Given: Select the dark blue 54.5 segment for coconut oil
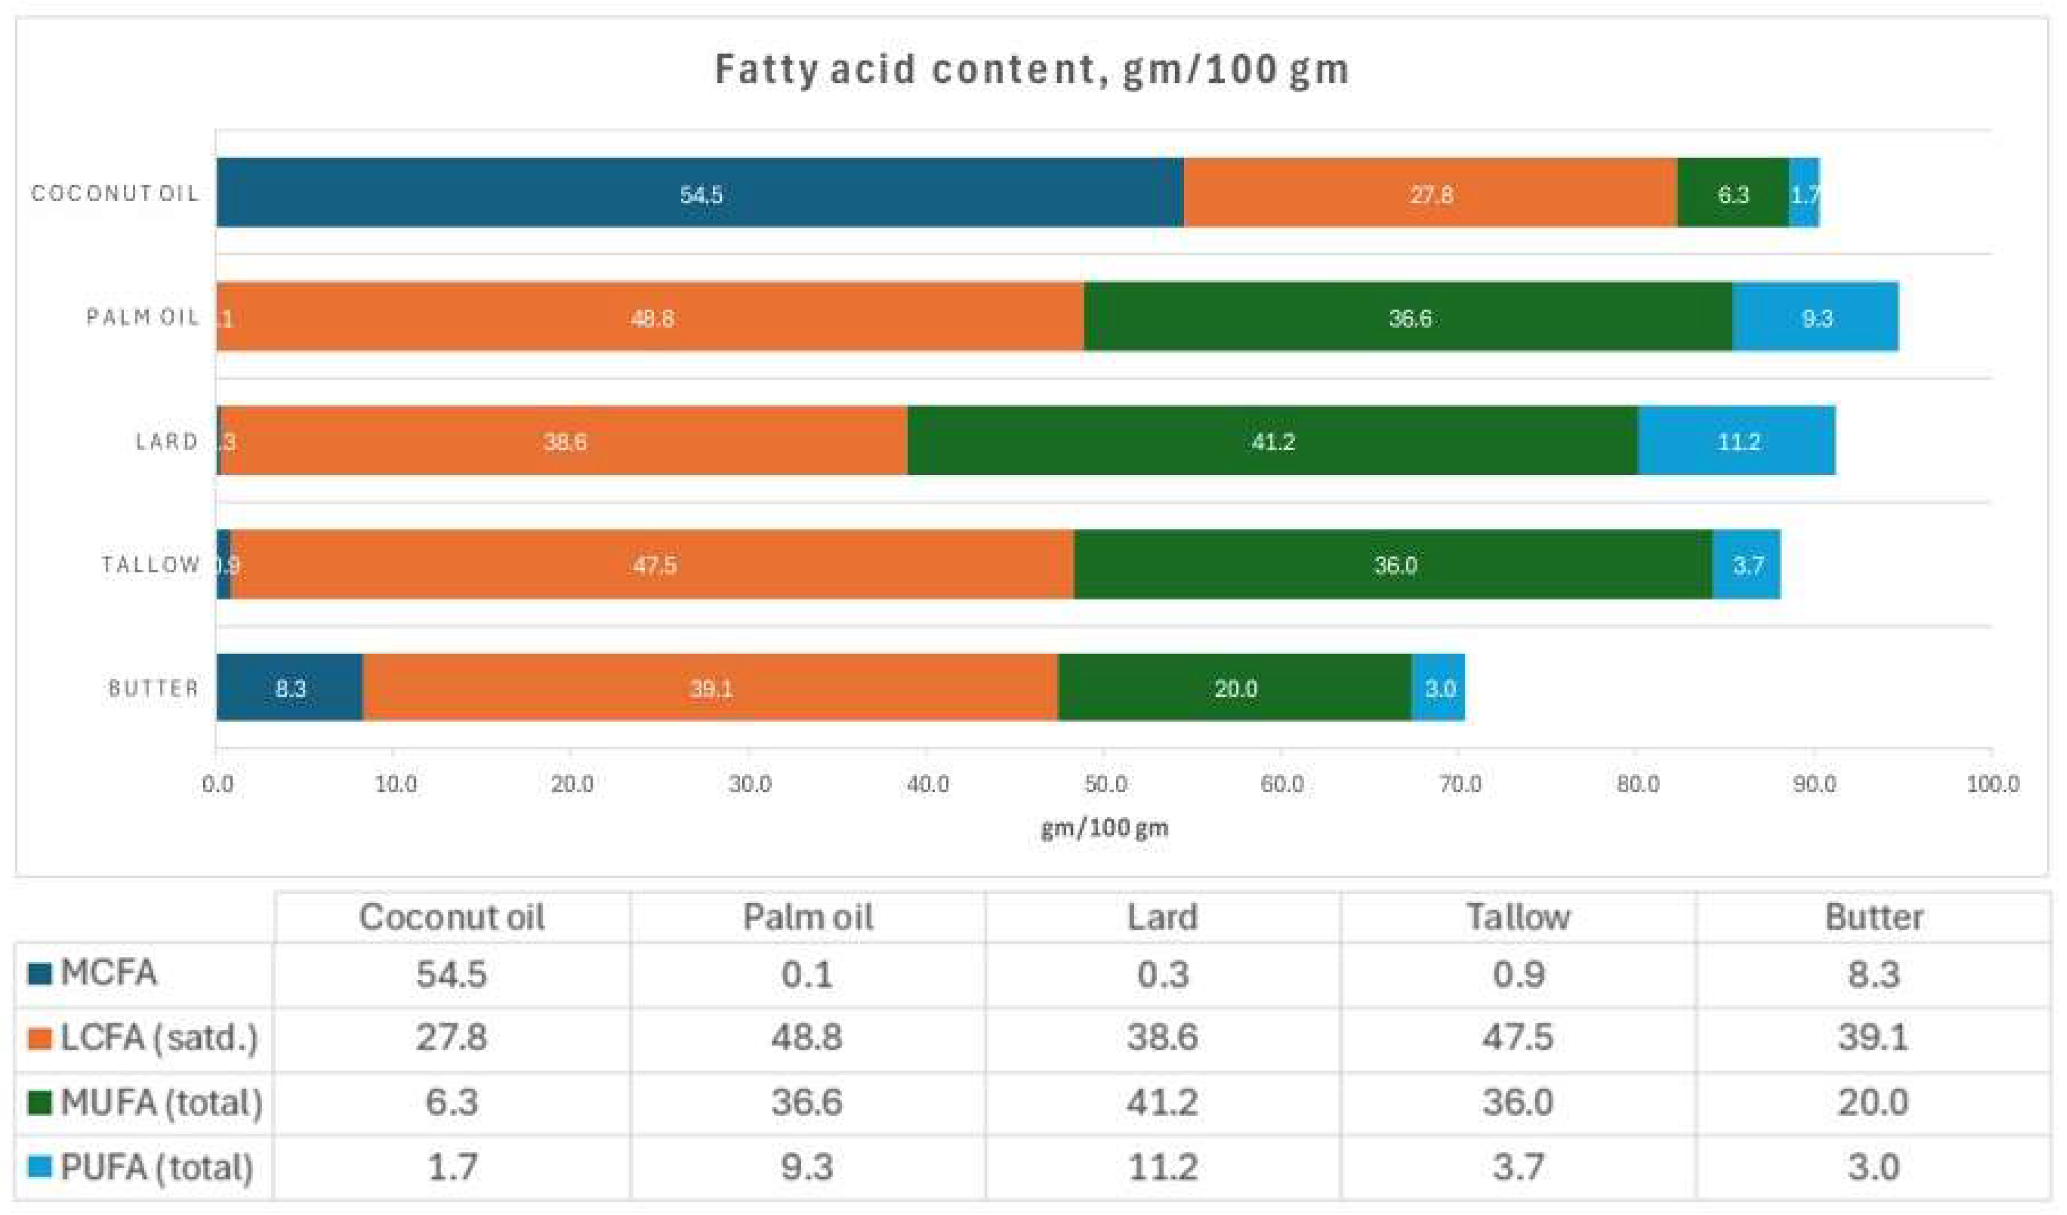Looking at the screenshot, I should click(x=700, y=193).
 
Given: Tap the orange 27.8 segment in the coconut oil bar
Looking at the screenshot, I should click(x=1430, y=193).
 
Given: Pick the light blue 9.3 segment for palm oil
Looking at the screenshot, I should click(x=1815, y=317).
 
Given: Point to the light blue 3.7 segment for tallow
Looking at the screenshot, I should click(x=1745, y=565).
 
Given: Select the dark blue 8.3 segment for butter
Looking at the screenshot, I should click(x=290, y=688).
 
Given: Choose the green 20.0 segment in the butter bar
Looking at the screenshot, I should click(x=1235, y=688).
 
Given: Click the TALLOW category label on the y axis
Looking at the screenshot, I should click(x=151, y=565).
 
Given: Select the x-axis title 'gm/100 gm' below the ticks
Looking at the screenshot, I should click(x=1104, y=828).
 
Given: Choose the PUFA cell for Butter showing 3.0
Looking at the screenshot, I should click(x=1873, y=1166).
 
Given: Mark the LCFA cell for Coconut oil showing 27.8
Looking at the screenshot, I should click(x=451, y=1037).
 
